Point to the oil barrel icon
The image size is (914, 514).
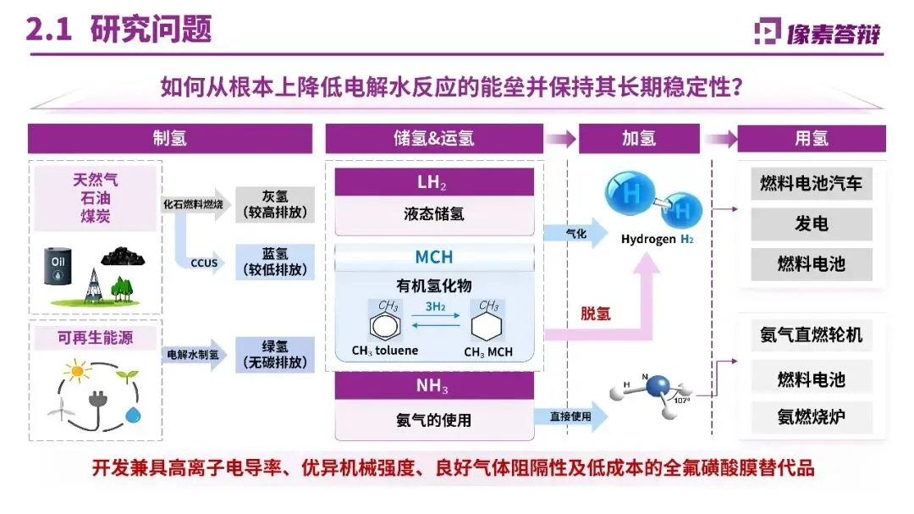pos(58,267)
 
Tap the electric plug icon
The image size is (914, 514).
pos(96,399)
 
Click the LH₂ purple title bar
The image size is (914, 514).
pos(434,182)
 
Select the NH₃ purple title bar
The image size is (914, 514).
pos(434,387)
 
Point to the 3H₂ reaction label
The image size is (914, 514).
pos(436,307)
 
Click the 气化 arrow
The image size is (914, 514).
pos(575,234)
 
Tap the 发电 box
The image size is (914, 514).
pos(811,224)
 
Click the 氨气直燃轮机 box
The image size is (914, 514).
pos(811,334)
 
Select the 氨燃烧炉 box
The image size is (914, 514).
pos(811,416)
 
